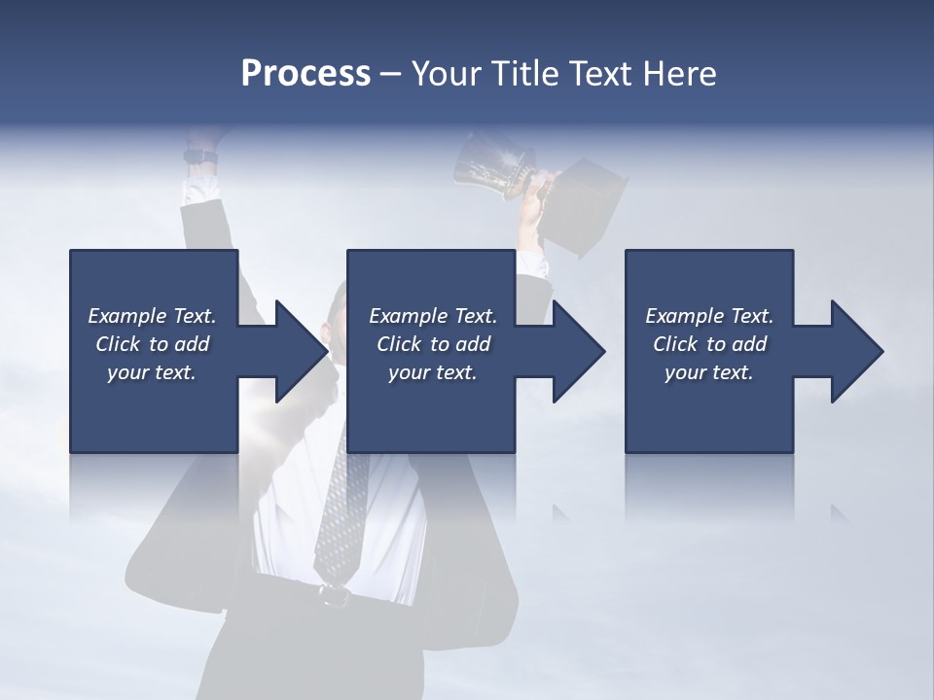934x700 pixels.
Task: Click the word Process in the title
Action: (x=305, y=74)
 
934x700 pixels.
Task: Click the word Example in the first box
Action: (x=126, y=316)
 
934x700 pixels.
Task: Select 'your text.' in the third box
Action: (x=708, y=372)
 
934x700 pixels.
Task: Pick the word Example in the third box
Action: (x=684, y=316)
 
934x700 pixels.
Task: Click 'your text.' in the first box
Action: (x=151, y=372)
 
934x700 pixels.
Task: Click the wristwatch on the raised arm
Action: (x=200, y=156)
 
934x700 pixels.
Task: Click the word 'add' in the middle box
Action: (x=472, y=344)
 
